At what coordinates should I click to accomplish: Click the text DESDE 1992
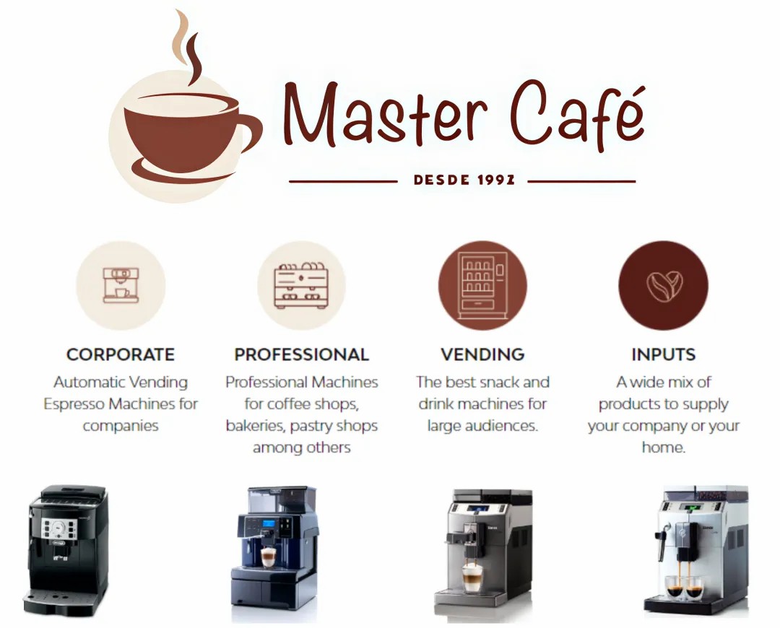(x=464, y=180)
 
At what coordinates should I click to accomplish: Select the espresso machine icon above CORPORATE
(x=121, y=285)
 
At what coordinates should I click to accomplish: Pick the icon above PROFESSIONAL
(x=301, y=285)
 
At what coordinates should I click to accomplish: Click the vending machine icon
(x=482, y=285)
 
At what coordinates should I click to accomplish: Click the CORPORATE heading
(x=121, y=354)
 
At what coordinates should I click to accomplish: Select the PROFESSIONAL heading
(x=301, y=354)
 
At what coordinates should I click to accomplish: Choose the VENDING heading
(x=482, y=354)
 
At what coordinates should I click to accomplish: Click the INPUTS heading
(x=664, y=354)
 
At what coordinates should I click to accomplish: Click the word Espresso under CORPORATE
(x=74, y=404)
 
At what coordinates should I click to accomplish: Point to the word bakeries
(x=256, y=426)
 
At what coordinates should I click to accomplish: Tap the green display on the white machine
(x=694, y=507)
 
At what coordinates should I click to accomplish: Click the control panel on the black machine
(x=59, y=528)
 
